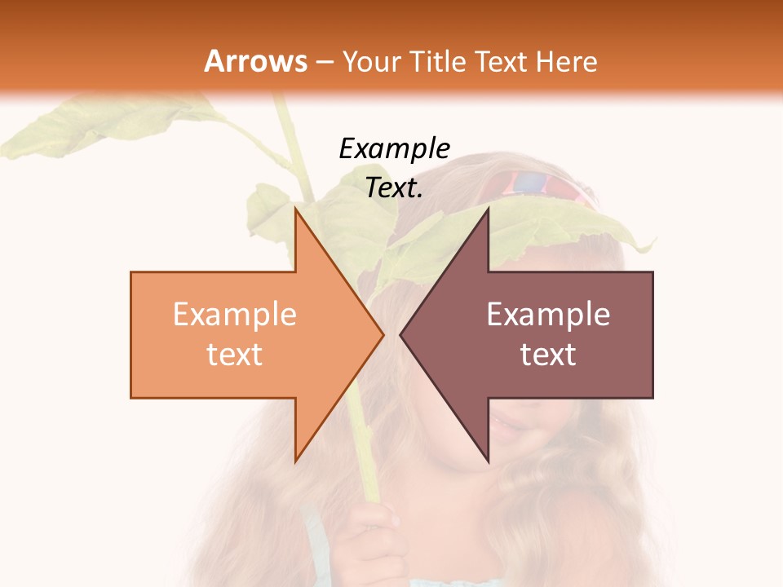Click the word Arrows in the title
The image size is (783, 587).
[255, 61]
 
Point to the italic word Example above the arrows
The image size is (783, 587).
[394, 148]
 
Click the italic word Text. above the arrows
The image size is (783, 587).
[394, 188]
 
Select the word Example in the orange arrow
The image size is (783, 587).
[235, 315]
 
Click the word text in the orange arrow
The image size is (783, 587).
[235, 354]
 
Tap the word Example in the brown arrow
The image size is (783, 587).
[548, 315]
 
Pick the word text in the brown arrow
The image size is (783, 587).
[548, 354]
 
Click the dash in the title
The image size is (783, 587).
[324, 62]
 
